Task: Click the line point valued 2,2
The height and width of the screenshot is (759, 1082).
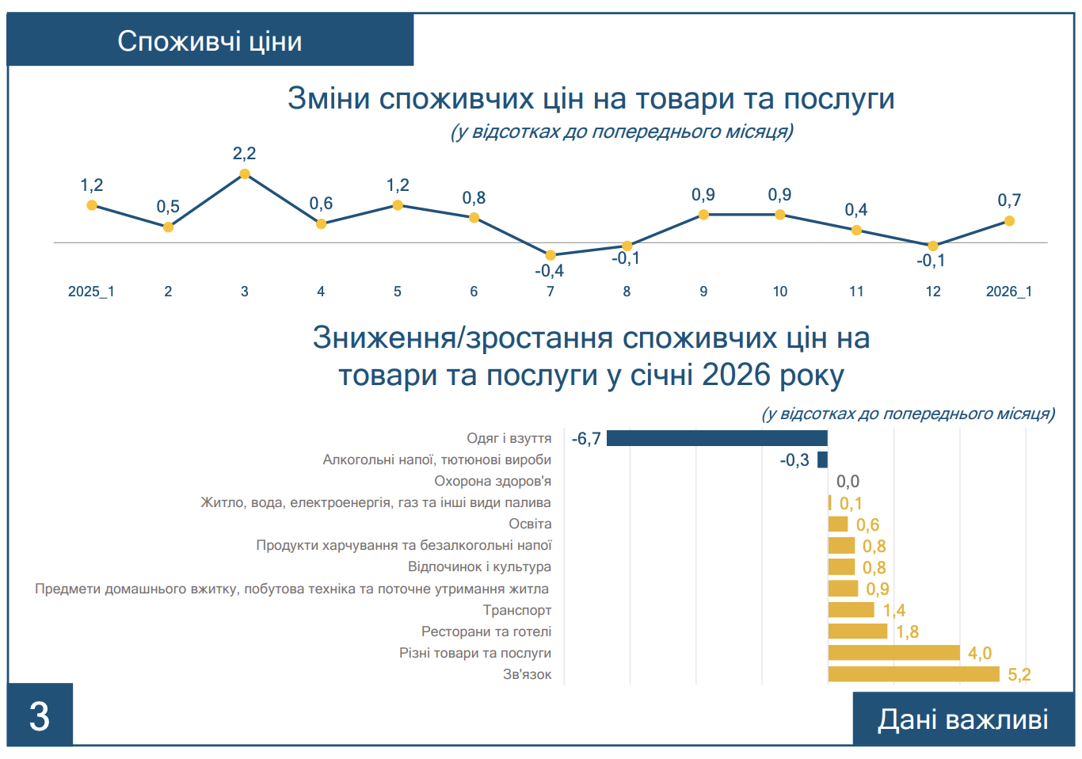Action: pyautogui.click(x=245, y=174)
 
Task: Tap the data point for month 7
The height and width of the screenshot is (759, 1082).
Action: pyautogui.click(x=551, y=255)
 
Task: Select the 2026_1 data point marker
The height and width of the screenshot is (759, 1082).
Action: pyautogui.click(x=1009, y=221)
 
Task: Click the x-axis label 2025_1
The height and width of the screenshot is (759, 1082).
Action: pyautogui.click(x=91, y=292)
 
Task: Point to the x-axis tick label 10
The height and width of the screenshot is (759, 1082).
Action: pyautogui.click(x=780, y=292)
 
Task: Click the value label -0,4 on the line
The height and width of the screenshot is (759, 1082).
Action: pyautogui.click(x=549, y=271)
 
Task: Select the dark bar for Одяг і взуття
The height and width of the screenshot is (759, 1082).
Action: pyautogui.click(x=717, y=438)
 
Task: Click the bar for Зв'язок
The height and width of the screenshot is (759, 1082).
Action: pyautogui.click(x=913, y=674)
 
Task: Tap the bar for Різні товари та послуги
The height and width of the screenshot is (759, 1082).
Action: pyautogui.click(x=893, y=653)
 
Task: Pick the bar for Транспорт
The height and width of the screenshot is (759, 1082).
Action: pyautogui.click(x=851, y=610)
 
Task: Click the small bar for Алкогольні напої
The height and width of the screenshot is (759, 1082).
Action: pyautogui.click(x=822, y=460)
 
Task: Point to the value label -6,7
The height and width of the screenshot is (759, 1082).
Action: pyautogui.click(x=586, y=439)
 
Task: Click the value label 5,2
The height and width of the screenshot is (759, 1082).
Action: pyautogui.click(x=1019, y=675)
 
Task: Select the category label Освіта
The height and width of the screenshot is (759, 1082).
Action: pyautogui.click(x=530, y=524)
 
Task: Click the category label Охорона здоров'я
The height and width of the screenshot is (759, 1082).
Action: pyautogui.click(x=493, y=481)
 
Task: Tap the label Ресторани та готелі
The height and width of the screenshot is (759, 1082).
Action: pyautogui.click(x=486, y=631)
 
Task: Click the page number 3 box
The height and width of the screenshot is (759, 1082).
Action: pyautogui.click(x=40, y=715)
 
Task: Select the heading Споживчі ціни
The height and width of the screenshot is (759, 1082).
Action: pyautogui.click(x=210, y=41)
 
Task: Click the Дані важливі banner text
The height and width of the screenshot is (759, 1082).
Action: pyautogui.click(x=962, y=719)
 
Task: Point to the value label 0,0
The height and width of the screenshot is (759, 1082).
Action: pyautogui.click(x=848, y=482)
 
